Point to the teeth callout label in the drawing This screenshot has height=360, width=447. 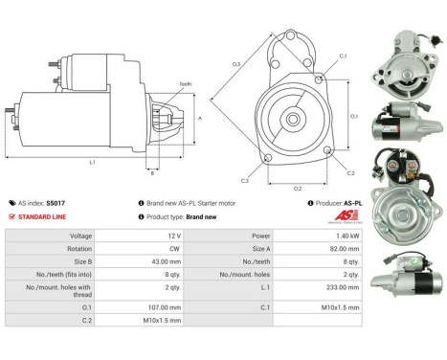(186, 84)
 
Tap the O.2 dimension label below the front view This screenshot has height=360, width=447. (297, 188)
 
